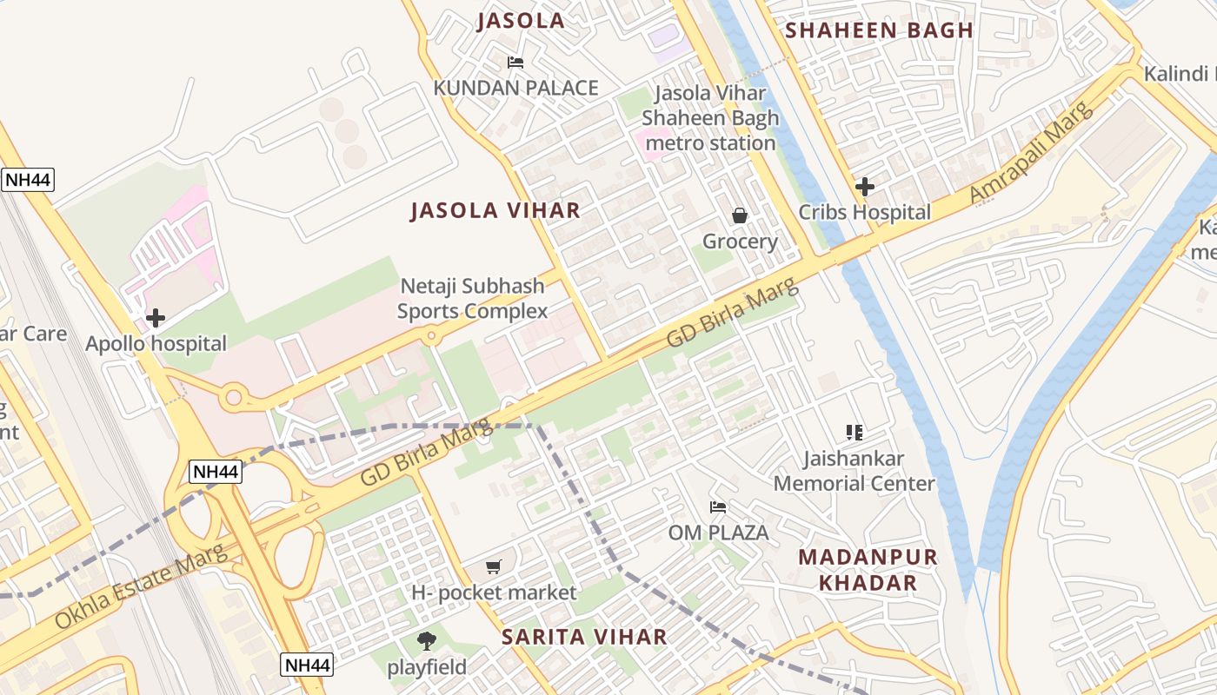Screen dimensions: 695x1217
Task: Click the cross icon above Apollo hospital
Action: coord(156,318)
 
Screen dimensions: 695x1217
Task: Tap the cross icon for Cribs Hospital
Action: coord(865,186)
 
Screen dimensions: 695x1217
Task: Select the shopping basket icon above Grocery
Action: coord(740,215)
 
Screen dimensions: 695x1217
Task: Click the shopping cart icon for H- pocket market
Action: coord(494,567)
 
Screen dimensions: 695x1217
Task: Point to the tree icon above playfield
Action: coord(426,641)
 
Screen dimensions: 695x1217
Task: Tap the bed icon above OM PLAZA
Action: coord(718,507)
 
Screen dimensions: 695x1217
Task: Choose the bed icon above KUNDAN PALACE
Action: coord(515,63)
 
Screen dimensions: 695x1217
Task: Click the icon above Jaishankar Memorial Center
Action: coord(854,432)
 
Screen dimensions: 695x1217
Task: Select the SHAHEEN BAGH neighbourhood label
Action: coord(879,30)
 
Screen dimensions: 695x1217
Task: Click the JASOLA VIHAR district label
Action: coord(495,210)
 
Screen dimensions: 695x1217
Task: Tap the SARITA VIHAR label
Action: coord(584,637)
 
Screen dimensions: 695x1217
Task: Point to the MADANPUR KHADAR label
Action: coord(868,570)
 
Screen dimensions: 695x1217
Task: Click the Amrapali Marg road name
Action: coord(1030,152)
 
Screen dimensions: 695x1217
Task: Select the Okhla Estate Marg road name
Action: coord(140,587)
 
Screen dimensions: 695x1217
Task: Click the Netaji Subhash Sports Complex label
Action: coord(472,298)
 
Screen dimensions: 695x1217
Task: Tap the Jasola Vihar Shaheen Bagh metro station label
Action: coord(711,118)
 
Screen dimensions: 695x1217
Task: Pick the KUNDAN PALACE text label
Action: coord(515,88)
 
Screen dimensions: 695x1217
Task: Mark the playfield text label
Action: coord(427,667)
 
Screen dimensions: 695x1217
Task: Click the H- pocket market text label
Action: coord(494,592)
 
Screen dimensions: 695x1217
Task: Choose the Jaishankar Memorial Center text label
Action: coord(854,470)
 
